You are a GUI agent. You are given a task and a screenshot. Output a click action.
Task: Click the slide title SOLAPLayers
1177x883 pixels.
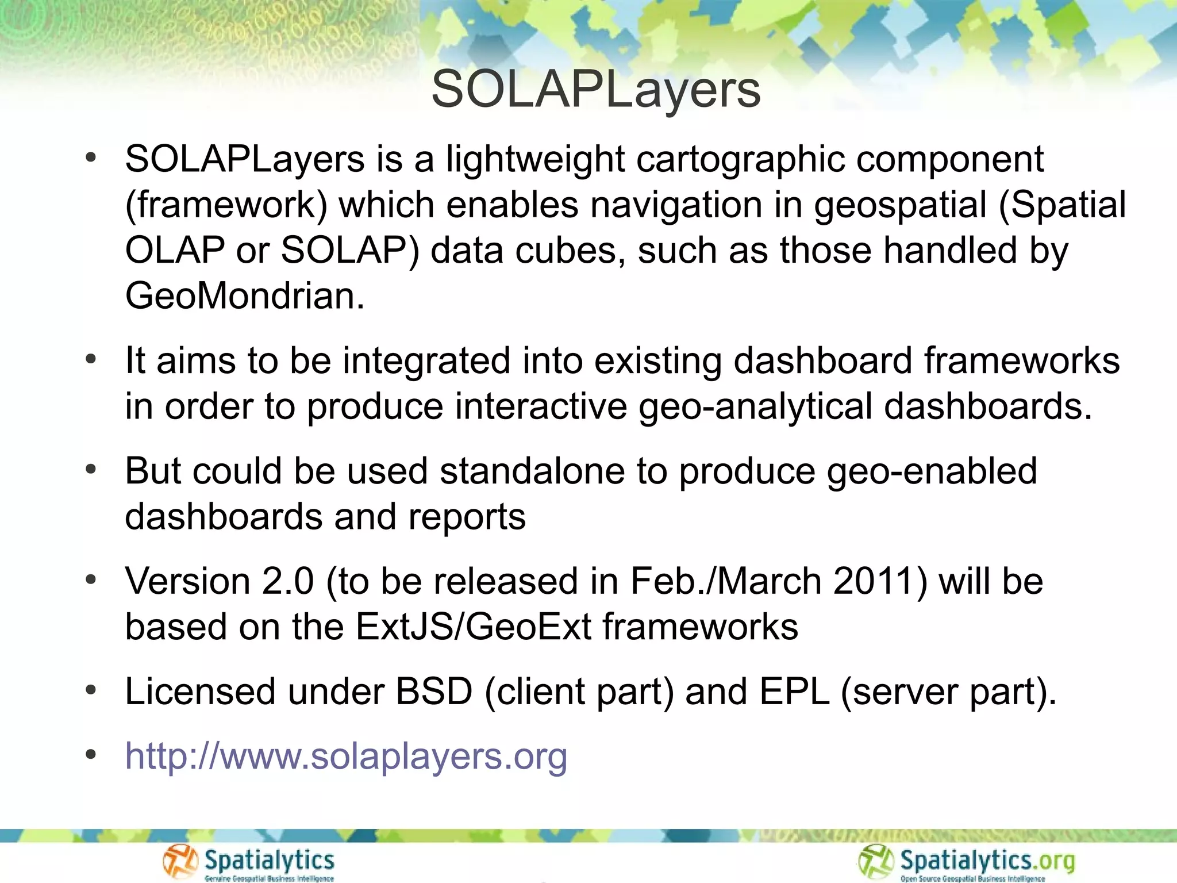(x=596, y=90)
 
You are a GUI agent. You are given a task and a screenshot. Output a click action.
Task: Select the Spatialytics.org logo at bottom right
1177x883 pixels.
(x=967, y=862)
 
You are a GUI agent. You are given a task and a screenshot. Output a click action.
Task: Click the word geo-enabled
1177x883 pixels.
(x=932, y=471)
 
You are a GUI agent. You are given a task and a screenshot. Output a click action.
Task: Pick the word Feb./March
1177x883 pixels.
(x=726, y=581)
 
